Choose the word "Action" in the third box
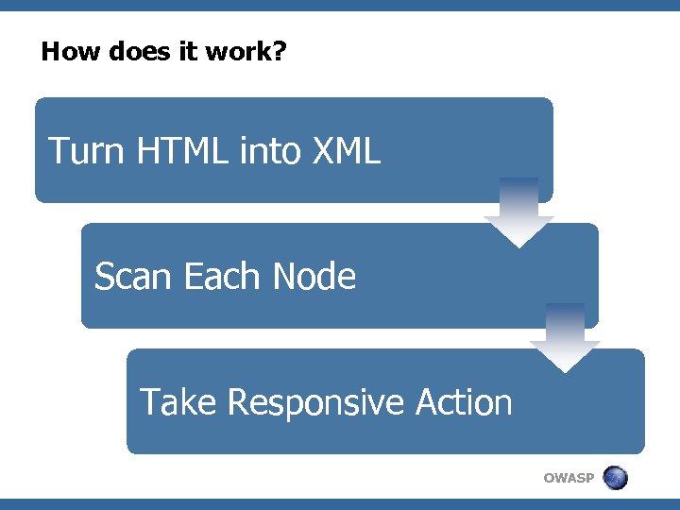pyautogui.click(x=463, y=402)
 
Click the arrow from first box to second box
pyautogui.click(x=518, y=212)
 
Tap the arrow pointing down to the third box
pyautogui.click(x=565, y=337)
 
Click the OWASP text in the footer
pyautogui.click(x=569, y=478)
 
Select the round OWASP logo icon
pyautogui.click(x=615, y=478)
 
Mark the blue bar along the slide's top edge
pyautogui.click(x=340, y=5)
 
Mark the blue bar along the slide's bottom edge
pyautogui.click(x=340, y=504)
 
